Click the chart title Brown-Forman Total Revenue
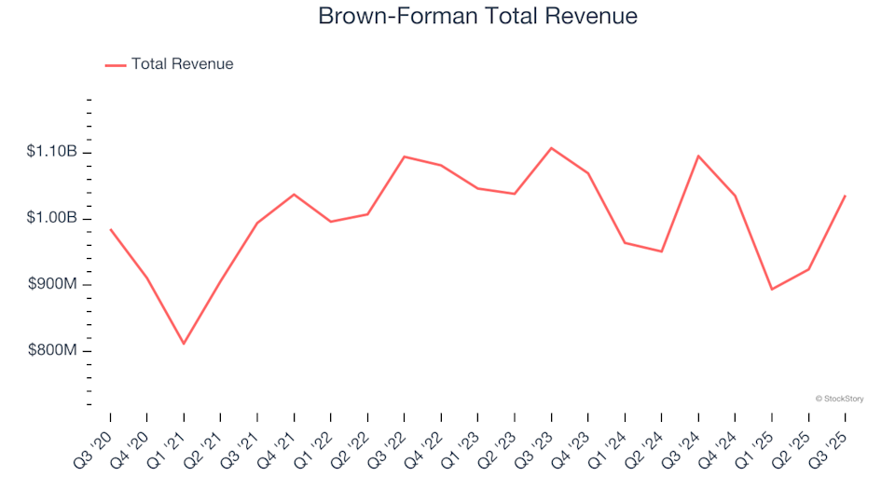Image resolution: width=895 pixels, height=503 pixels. [x=477, y=16]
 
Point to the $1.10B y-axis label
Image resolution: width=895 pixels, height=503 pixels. [x=53, y=152]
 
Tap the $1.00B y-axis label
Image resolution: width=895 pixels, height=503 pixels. [x=53, y=218]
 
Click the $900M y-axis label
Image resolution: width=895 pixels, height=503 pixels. [x=53, y=284]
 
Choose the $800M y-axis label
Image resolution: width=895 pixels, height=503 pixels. [x=53, y=350]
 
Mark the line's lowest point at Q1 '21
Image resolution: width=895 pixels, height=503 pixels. [x=184, y=344]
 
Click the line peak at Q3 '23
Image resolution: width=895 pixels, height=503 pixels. [x=551, y=148]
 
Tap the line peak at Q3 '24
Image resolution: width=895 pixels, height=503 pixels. [x=698, y=156]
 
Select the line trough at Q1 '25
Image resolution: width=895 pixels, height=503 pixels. [x=772, y=289]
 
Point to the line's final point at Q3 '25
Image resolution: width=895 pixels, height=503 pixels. [x=845, y=196]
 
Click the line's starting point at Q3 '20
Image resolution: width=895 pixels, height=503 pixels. [x=110, y=229]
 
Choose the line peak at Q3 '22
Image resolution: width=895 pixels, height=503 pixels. [x=404, y=156]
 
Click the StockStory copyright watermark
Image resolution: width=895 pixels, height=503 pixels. [x=839, y=399]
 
